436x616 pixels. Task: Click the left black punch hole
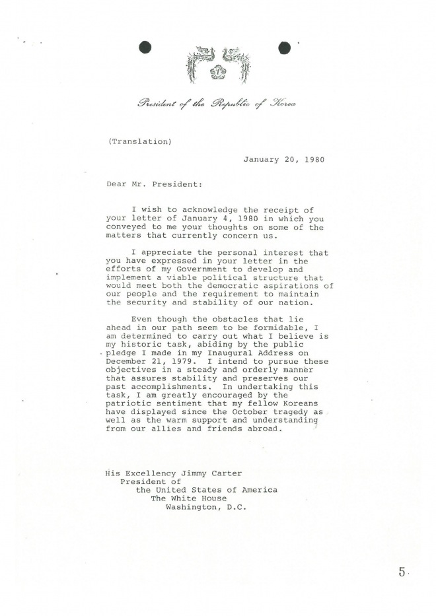point(146,47)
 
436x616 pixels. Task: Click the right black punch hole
point(285,47)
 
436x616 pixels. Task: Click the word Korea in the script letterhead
point(282,103)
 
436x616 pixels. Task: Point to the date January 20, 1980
point(283,160)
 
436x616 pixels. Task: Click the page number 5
point(401,572)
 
